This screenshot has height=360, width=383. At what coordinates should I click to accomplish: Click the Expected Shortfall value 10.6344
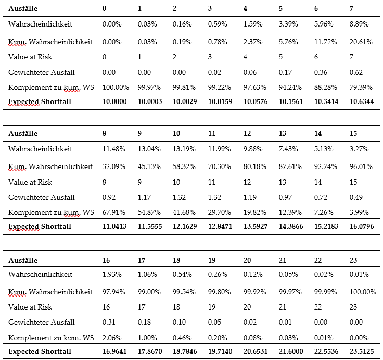[362, 101]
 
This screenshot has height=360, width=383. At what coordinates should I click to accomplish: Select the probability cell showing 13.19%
[184, 149]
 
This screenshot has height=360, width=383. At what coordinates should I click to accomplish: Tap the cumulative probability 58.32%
[184, 166]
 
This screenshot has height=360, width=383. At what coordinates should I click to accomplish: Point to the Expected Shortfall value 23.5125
[362, 351]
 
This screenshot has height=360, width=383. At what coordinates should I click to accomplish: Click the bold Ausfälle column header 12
[247, 133]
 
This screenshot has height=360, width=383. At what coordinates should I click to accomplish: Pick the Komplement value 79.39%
[361, 87]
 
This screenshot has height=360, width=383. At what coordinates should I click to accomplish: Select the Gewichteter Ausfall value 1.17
[144, 197]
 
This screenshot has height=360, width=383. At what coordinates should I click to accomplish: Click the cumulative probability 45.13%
[149, 166]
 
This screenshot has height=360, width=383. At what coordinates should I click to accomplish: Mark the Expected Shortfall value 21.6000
[291, 351]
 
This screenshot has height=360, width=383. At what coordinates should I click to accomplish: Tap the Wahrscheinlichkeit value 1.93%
[112, 274]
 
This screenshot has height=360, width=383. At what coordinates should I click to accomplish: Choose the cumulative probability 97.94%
[113, 292]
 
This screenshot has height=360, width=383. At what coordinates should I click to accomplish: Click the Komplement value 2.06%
[112, 338]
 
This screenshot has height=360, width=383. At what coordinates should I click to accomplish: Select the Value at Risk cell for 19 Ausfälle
[211, 307]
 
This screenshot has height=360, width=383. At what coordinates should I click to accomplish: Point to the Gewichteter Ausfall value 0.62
[356, 72]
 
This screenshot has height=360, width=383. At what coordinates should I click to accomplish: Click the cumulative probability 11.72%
[325, 42]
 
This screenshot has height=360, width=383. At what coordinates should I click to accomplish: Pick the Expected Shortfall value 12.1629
[185, 226]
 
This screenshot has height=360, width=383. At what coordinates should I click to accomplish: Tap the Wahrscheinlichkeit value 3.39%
[288, 24]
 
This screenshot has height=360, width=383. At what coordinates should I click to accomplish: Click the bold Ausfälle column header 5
[280, 8]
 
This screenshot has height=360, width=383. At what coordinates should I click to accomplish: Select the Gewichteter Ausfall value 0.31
[109, 322]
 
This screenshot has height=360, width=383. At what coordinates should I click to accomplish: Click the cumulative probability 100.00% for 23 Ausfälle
[363, 292]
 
